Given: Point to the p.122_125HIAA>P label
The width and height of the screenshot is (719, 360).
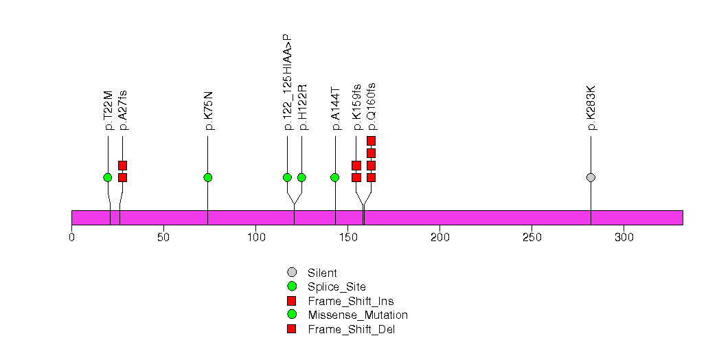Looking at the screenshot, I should pyautogui.click(x=288, y=82).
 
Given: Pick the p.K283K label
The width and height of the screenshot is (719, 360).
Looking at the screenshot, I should pyautogui.click(x=591, y=109).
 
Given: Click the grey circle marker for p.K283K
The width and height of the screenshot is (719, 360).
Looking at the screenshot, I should pyautogui.click(x=591, y=177).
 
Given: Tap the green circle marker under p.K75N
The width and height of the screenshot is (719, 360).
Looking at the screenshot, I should pyautogui.click(x=208, y=177).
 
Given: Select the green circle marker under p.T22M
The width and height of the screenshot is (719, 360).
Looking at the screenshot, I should pyautogui.click(x=107, y=177).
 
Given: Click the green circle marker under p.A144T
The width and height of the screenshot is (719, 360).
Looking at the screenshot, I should pyautogui.click(x=335, y=177).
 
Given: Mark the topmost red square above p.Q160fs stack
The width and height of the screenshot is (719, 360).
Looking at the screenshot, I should pyautogui.click(x=371, y=141).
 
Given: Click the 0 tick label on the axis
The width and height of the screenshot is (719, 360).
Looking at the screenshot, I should pyautogui.click(x=72, y=238).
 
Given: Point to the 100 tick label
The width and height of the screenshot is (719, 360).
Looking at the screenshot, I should pyautogui.click(x=256, y=238).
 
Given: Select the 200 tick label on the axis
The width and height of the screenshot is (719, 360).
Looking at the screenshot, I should pyautogui.click(x=440, y=238).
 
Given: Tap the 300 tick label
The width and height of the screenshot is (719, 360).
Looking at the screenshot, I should pyautogui.click(x=624, y=238).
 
